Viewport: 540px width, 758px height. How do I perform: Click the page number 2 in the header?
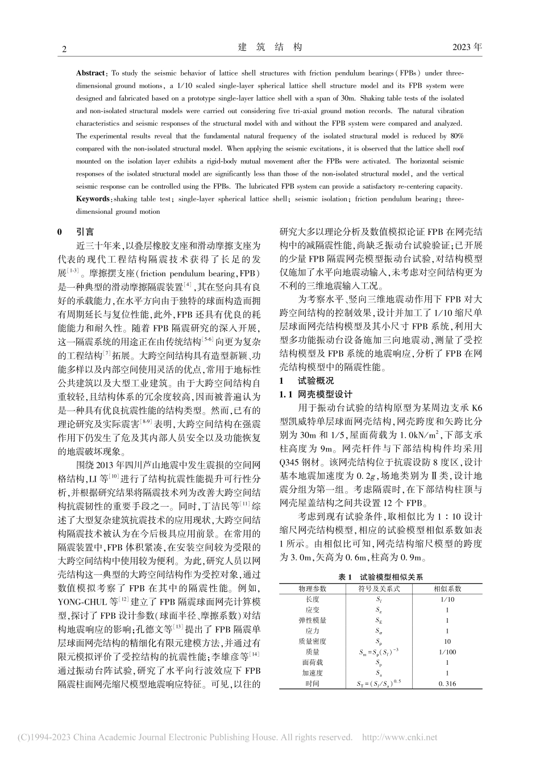(x=64, y=49)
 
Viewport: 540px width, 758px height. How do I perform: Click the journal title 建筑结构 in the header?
(x=269, y=48)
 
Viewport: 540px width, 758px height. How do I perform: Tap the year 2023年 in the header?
(x=467, y=48)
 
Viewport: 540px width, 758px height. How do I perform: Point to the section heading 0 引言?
(x=77, y=232)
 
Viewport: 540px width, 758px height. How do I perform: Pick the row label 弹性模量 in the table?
(x=312, y=620)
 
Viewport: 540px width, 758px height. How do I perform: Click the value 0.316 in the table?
(x=447, y=684)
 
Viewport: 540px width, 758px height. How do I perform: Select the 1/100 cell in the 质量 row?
(x=447, y=652)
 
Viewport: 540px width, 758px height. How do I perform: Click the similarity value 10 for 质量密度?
(x=447, y=641)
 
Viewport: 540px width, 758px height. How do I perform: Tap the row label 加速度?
(x=312, y=673)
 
